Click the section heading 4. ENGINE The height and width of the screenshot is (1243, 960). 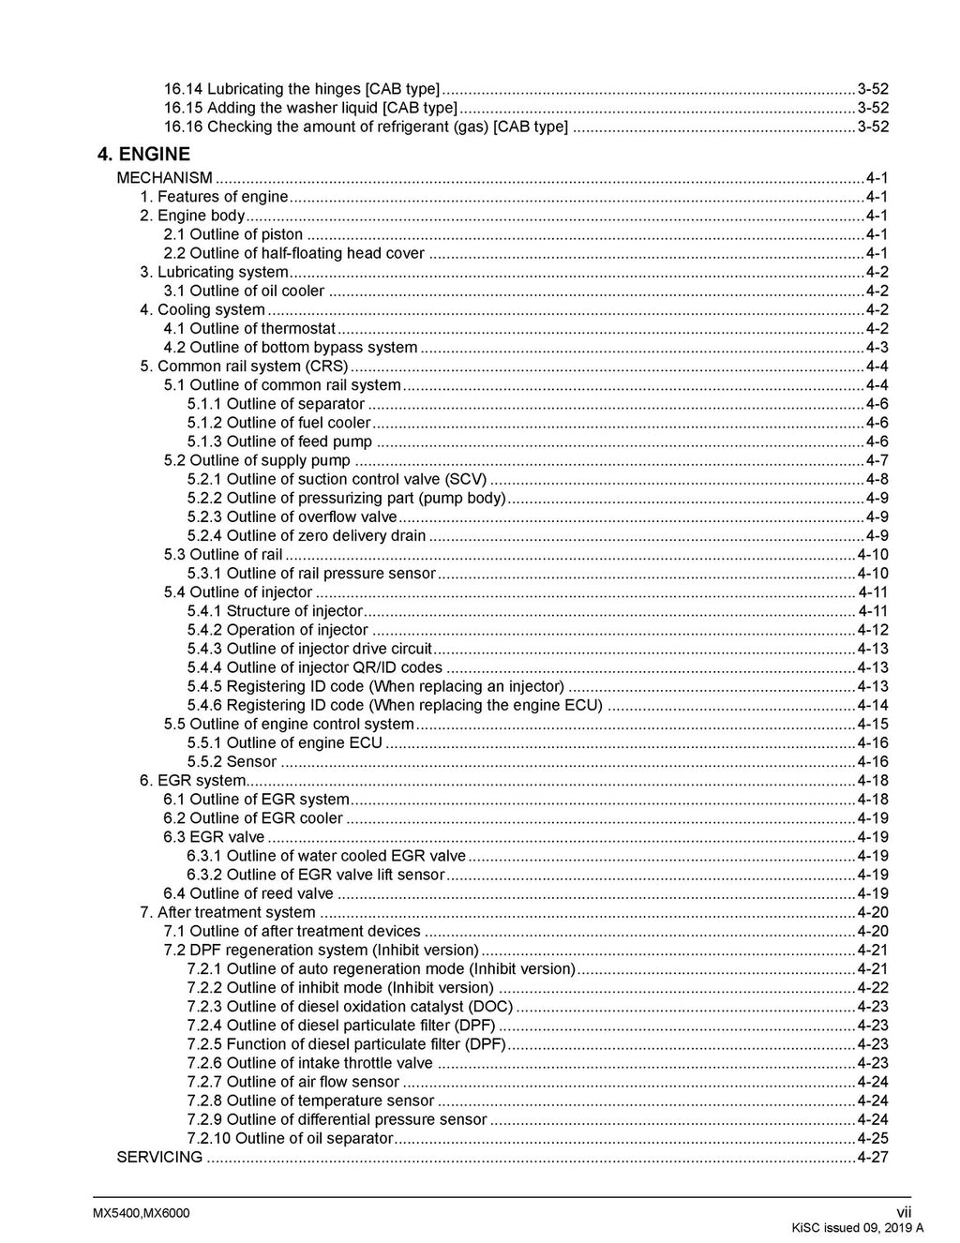click(x=143, y=154)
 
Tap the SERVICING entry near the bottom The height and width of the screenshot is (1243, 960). click(x=159, y=1157)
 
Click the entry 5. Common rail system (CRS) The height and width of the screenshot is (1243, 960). click(x=244, y=367)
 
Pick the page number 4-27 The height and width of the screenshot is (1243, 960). click(x=873, y=1157)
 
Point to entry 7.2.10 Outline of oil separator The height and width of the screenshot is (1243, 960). click(x=290, y=1138)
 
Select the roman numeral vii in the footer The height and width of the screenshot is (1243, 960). click(x=904, y=1213)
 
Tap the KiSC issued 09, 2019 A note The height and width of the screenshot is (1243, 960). click(x=857, y=1228)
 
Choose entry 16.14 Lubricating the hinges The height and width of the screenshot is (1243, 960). click(x=301, y=89)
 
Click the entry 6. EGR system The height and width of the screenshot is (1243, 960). click(x=193, y=781)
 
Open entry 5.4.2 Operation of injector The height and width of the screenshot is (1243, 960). click(x=277, y=630)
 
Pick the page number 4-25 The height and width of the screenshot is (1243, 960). click(x=873, y=1138)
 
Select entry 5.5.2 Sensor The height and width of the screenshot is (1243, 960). click(x=232, y=762)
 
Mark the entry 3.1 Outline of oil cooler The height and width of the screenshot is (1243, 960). click(x=244, y=291)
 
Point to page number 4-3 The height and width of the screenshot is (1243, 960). click(x=877, y=348)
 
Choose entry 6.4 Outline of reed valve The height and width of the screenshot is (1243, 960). click(x=248, y=893)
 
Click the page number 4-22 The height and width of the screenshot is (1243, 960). click(x=873, y=987)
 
